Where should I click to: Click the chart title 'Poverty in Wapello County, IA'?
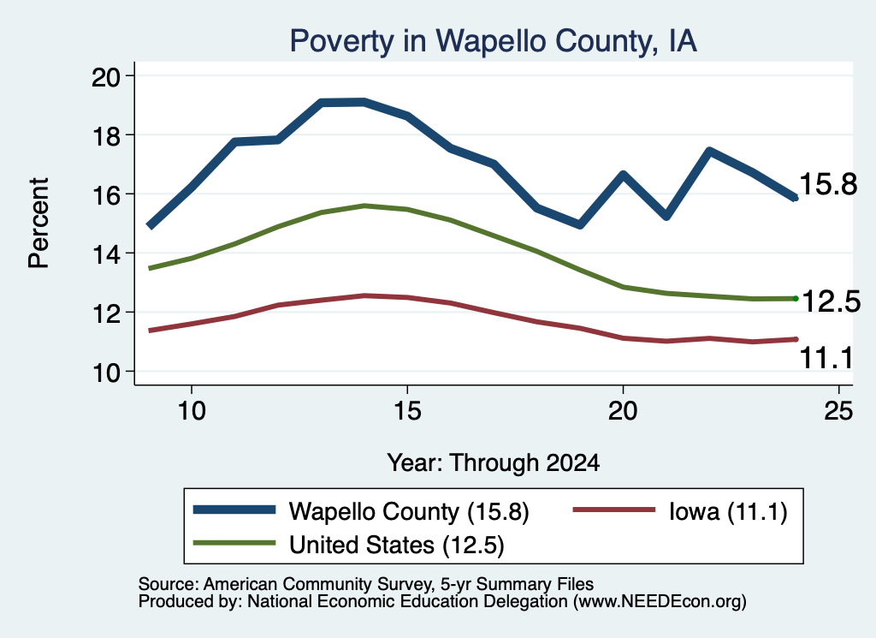(x=494, y=41)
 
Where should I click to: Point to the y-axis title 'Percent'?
(x=38, y=224)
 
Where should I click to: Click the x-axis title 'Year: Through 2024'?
(x=494, y=463)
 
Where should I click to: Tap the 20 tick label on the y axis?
(x=105, y=76)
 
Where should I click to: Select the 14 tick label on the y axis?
(x=105, y=254)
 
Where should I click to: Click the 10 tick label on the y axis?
(x=105, y=373)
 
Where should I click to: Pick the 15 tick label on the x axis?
(x=407, y=411)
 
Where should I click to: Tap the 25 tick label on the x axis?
(x=838, y=411)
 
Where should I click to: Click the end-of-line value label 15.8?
(x=828, y=184)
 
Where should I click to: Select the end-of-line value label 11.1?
(x=826, y=358)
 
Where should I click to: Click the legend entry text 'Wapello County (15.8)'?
(x=408, y=511)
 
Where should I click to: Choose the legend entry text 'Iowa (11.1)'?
(x=728, y=511)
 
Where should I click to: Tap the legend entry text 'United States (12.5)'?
(x=397, y=545)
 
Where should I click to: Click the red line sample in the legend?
(x=613, y=510)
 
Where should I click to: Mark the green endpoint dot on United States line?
(x=796, y=299)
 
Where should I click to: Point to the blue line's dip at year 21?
(x=666, y=216)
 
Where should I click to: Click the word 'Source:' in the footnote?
(x=169, y=584)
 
